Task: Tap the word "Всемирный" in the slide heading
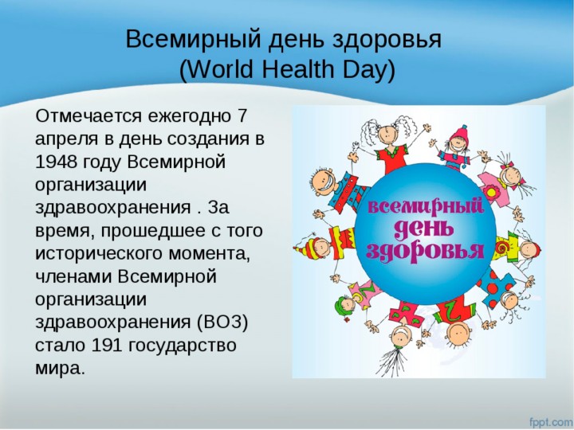click(x=194, y=39)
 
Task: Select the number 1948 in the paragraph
click(x=57, y=162)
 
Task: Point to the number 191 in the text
click(x=107, y=346)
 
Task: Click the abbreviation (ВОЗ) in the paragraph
click(x=222, y=322)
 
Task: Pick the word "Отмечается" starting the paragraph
click(x=88, y=116)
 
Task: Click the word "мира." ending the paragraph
click(x=60, y=368)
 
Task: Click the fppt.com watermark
click(x=552, y=422)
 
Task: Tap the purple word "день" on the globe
click(x=423, y=229)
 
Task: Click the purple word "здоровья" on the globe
click(x=425, y=251)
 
